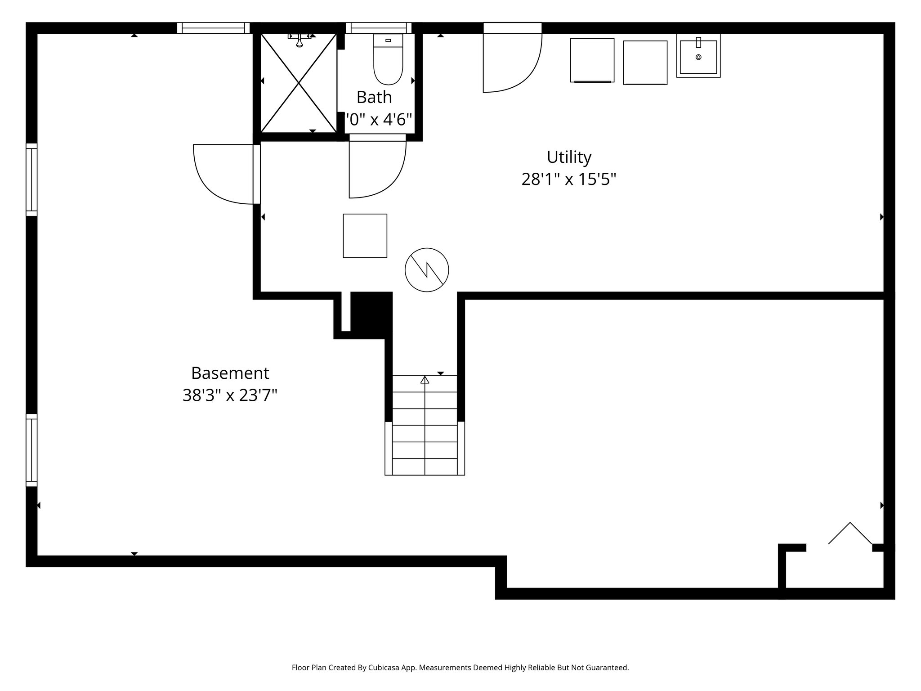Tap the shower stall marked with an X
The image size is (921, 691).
299,83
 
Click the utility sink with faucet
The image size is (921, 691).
698,56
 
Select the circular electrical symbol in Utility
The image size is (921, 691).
427,269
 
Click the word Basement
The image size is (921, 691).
230,373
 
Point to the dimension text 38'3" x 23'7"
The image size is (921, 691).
230,396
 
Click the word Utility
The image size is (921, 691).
569,157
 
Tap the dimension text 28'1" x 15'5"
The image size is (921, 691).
568,179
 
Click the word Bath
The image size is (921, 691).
374,97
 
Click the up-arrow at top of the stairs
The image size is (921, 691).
425,380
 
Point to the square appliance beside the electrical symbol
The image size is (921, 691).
365,236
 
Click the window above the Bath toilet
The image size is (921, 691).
379,28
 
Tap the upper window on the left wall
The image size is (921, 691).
31,179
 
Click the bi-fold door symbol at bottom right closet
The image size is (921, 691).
849,534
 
